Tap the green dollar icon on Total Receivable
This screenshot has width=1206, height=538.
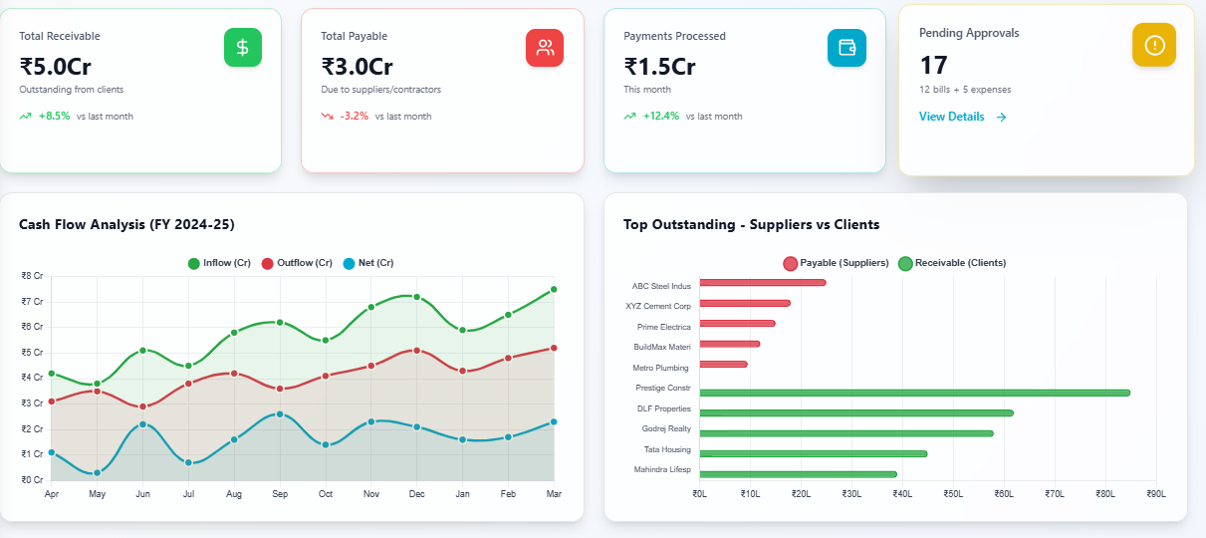click(243, 48)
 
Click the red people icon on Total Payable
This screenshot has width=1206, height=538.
click(545, 48)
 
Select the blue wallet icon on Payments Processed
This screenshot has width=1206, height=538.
click(846, 48)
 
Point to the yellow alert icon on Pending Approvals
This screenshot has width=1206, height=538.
click(1153, 45)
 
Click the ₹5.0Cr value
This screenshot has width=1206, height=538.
click(56, 67)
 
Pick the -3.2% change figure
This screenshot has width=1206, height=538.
click(354, 116)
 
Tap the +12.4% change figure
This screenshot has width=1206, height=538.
click(660, 116)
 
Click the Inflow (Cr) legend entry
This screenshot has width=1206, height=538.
click(219, 263)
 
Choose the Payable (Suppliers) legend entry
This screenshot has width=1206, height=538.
click(836, 263)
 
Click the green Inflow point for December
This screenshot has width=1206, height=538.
click(417, 297)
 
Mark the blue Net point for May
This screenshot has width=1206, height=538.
click(98, 472)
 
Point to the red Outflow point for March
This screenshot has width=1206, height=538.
click(554, 348)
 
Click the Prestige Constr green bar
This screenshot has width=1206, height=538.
click(914, 393)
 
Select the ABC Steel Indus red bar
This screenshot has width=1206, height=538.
click(763, 282)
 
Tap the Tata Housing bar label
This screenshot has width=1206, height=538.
click(667, 449)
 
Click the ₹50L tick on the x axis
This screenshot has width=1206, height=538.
click(952, 493)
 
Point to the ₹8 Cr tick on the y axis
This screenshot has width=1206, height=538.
click(32, 276)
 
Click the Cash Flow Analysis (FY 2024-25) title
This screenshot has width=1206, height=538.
click(126, 224)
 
